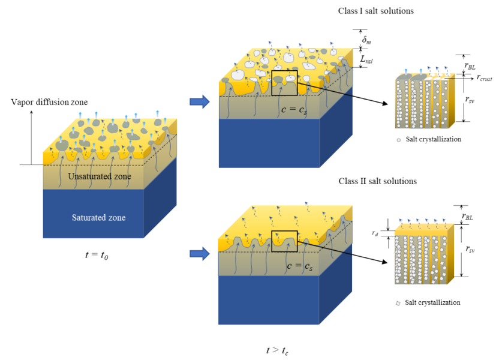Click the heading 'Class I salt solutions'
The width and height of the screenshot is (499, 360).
[375, 11]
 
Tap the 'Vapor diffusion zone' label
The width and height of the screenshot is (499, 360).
[41, 102]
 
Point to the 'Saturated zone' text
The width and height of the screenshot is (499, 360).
[97, 218]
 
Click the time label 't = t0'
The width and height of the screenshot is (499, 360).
[97, 254]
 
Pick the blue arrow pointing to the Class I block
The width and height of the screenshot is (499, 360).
[199, 102]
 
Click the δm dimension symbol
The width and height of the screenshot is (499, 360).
[367, 40]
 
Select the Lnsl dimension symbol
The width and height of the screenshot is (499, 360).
[366, 59]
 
